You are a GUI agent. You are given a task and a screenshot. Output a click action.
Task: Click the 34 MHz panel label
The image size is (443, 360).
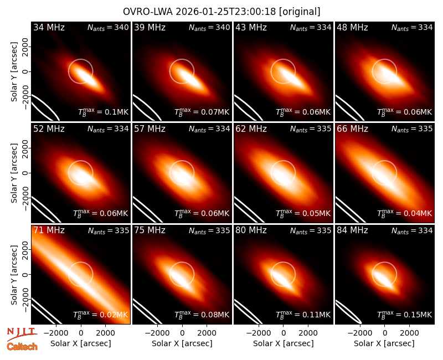[x=49, y=27]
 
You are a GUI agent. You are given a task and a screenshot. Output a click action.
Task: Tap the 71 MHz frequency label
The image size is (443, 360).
[x=49, y=230]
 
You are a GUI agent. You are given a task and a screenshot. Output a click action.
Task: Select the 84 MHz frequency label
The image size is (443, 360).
[x=352, y=230]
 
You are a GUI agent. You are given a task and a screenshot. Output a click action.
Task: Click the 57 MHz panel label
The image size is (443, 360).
[x=150, y=129]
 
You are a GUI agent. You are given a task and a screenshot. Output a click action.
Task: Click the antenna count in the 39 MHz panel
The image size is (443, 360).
[x=209, y=27]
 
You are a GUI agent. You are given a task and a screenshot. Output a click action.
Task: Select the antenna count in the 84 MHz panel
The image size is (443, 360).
[x=412, y=230]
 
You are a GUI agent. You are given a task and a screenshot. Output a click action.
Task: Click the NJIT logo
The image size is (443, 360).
[x=22, y=334]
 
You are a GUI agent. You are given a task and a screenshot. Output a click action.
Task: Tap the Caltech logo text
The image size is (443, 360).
[x=22, y=347]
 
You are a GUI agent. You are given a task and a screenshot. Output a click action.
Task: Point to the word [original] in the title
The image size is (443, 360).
[x=300, y=12]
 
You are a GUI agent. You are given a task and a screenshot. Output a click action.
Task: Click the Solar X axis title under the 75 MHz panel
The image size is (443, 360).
[x=182, y=343]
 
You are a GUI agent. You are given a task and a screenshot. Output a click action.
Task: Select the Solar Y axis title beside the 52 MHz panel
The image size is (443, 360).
[x=14, y=173]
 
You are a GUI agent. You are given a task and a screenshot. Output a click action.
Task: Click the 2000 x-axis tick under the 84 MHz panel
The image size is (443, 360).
[x=409, y=333]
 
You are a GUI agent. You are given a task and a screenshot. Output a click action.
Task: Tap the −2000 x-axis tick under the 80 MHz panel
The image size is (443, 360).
[x=258, y=333]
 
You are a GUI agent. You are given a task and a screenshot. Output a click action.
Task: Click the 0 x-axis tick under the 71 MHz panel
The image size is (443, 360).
[x=81, y=333]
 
